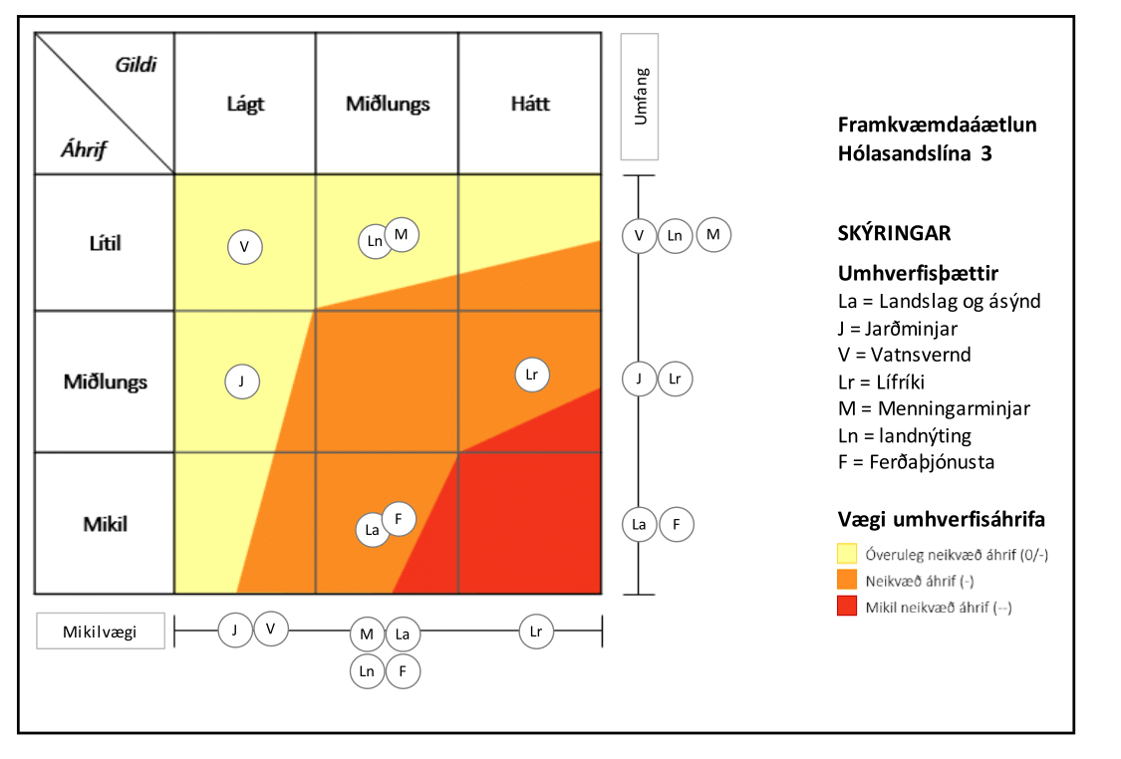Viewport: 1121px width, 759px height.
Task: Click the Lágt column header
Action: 245,104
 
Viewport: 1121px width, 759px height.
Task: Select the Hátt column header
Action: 529,104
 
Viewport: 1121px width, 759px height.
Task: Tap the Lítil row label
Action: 105,242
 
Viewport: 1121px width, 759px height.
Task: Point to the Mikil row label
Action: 105,523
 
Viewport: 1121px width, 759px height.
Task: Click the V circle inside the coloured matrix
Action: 245,245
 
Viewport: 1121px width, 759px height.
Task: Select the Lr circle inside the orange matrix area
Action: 532,375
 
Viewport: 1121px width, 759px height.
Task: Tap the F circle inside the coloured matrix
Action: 399,518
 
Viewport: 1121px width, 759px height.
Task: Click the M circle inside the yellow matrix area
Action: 402,234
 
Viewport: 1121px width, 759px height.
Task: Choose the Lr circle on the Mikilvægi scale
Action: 536,631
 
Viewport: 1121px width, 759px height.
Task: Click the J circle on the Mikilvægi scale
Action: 235,629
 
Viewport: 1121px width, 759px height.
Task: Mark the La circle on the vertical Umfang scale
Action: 640,525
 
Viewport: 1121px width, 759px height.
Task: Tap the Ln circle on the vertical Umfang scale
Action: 676,235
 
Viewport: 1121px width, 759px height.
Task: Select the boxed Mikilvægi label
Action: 100,631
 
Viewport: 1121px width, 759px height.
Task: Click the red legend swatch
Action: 847,606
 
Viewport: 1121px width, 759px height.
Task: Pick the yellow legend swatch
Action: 847,554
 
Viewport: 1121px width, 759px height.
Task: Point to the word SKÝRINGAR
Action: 894,233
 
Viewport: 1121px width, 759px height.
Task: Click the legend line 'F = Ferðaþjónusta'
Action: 916,461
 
